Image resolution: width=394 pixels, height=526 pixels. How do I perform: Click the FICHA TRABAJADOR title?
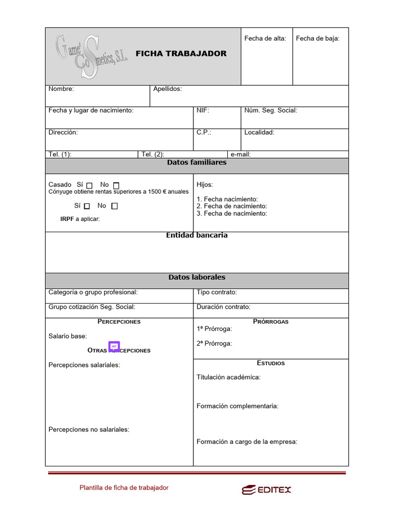181,54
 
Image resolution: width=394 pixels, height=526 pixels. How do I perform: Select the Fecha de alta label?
265,39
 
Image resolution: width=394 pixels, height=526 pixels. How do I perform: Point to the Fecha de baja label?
318,39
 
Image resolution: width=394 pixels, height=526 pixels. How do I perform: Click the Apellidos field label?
167,89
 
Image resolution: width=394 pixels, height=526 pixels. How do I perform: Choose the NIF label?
203,110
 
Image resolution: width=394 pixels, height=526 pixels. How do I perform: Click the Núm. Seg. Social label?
270,110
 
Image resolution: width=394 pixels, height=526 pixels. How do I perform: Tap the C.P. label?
204,133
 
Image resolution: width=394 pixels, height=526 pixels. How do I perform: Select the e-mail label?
241,154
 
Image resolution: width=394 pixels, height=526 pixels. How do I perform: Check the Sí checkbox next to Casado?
89,185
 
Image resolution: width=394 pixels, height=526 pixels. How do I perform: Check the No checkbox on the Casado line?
116,185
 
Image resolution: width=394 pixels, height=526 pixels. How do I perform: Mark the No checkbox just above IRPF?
114,206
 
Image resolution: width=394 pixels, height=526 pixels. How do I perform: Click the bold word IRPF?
67,219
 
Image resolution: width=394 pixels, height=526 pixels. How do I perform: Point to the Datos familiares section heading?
196,163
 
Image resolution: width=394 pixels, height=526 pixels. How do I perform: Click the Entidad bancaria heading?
196,235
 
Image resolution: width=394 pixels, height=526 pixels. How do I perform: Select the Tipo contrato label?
216,292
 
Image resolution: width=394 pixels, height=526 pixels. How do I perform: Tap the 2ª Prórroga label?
214,344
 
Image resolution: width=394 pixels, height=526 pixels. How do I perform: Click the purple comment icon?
114,347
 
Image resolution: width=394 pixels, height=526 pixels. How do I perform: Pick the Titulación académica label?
228,378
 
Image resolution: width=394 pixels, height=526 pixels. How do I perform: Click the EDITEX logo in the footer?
266,490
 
